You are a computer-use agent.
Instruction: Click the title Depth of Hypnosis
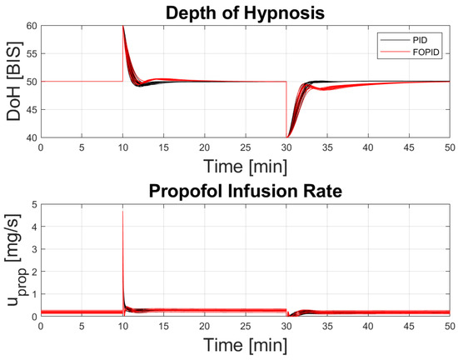pos(244,12)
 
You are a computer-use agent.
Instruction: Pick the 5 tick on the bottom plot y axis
pos(34,203)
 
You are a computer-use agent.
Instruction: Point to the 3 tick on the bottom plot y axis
pos(34,248)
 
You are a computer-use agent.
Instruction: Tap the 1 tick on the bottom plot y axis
pos(34,294)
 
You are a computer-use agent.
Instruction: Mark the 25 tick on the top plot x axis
pos(245,147)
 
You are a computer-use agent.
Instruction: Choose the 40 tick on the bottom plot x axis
pos(367,326)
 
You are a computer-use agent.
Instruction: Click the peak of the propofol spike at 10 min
pos(122,211)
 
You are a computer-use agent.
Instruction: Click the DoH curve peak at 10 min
pos(123,27)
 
